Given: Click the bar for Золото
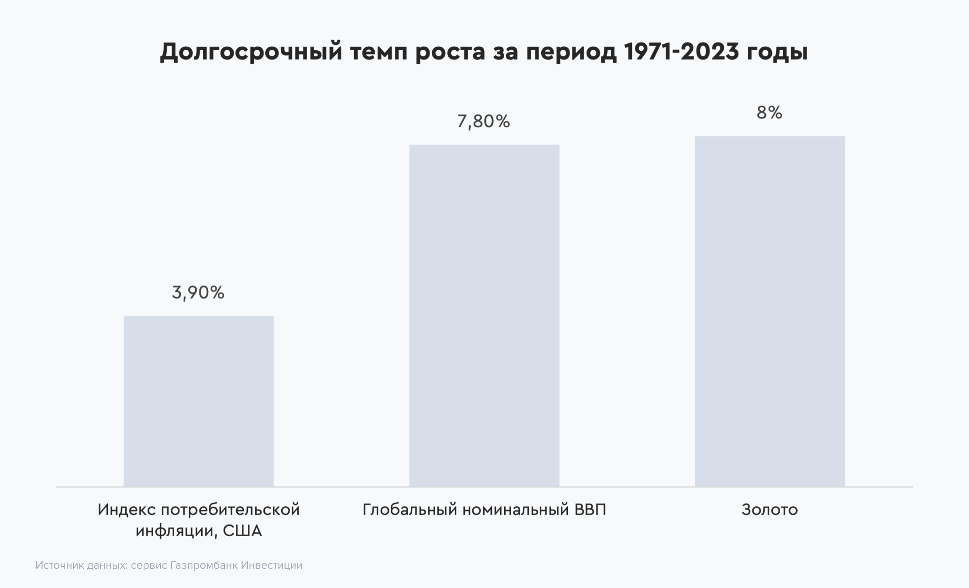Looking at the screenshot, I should click(769, 312).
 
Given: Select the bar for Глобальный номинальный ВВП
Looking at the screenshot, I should click(484, 316).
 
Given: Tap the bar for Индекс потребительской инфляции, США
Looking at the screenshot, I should click(198, 401).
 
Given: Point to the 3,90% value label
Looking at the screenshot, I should click(198, 293).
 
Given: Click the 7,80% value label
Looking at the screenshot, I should click(483, 121).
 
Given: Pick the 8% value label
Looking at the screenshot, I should click(769, 113).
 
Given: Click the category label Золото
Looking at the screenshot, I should click(769, 510).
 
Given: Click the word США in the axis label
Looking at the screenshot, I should click(242, 531).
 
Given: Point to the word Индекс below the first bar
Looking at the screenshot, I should click(126, 510).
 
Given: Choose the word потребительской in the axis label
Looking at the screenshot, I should click(231, 510).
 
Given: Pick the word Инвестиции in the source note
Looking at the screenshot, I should click(272, 565).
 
